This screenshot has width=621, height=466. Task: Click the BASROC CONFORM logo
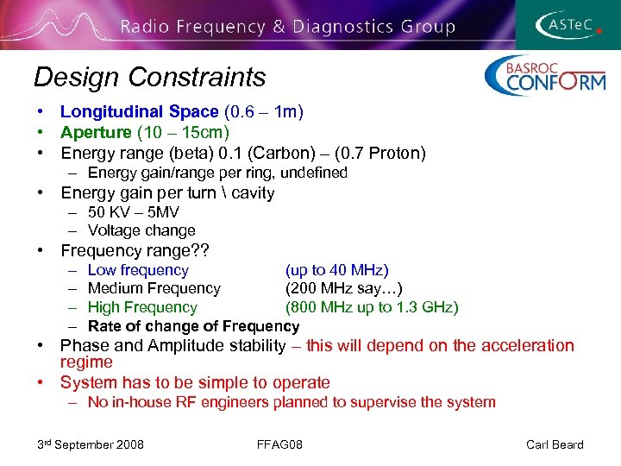point(544,76)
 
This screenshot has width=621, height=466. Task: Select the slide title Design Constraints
point(149,78)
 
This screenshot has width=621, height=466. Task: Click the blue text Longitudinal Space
point(139,111)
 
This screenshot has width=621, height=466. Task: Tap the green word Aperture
point(96,132)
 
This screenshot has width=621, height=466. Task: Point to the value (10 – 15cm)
point(183,132)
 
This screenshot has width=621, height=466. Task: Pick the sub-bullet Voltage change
point(141,230)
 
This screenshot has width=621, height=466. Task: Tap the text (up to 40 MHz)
point(337,270)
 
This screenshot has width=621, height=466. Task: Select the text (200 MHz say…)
point(344,288)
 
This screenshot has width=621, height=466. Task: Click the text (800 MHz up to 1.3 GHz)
point(372,307)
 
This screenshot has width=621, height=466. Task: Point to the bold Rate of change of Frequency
point(193,326)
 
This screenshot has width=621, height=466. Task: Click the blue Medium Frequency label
point(154,288)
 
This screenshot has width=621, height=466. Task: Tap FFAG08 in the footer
point(279,444)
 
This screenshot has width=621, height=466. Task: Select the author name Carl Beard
point(555,444)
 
